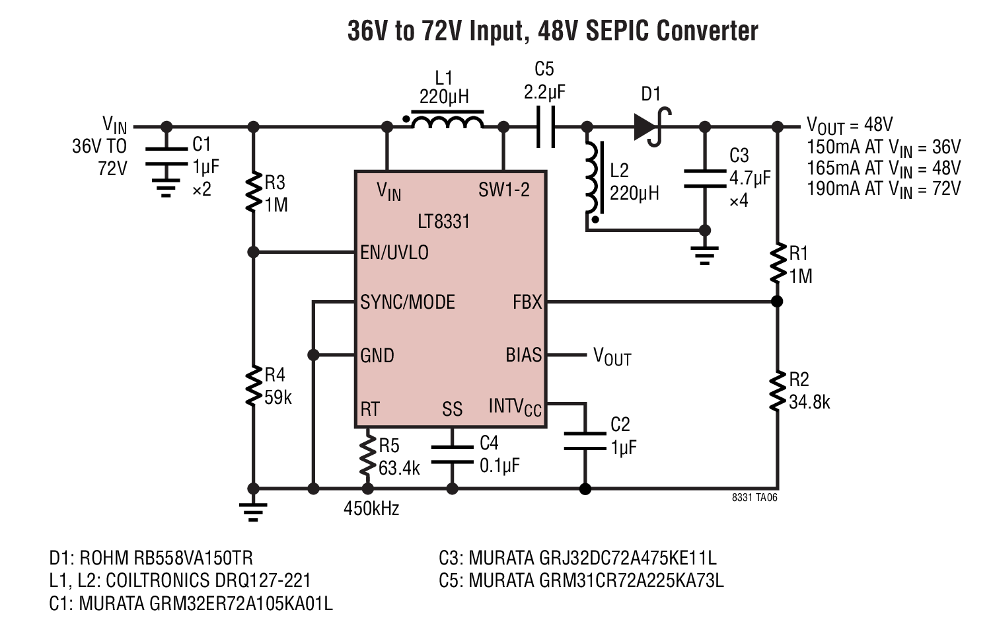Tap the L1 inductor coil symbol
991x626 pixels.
(x=447, y=120)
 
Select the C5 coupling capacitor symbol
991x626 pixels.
(x=546, y=127)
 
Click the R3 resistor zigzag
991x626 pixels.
(x=254, y=192)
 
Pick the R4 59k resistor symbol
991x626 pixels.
(x=254, y=385)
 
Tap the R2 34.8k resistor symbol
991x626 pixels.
(x=778, y=391)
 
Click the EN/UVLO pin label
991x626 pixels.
(x=394, y=253)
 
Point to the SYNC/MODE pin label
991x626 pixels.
(x=408, y=302)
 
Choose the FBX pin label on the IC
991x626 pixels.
(x=527, y=302)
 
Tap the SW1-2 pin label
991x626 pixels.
(x=504, y=190)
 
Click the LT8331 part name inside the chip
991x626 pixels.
(x=444, y=221)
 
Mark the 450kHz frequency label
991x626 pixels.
(x=371, y=509)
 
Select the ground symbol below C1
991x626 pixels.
(x=166, y=188)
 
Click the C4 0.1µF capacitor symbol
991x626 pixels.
(x=452, y=455)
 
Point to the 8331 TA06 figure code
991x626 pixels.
(x=754, y=498)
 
